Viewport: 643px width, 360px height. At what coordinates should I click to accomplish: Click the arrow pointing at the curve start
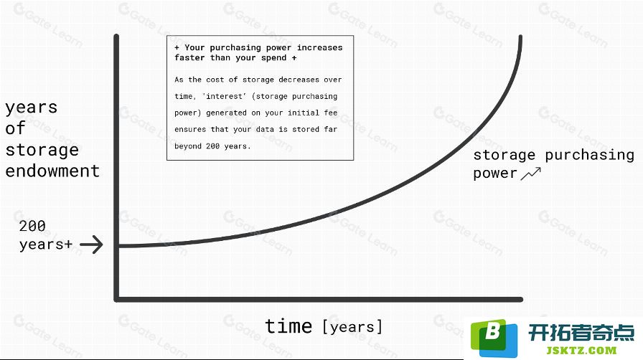pyautogui.click(x=91, y=245)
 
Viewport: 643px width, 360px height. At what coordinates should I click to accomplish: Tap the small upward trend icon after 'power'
pyautogui.click(x=531, y=174)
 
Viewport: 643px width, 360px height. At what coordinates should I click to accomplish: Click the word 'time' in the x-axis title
pyautogui.click(x=288, y=326)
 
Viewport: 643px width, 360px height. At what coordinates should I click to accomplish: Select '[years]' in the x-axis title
pyautogui.click(x=352, y=327)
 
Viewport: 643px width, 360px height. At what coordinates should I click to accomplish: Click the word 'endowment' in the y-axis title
pyautogui.click(x=52, y=171)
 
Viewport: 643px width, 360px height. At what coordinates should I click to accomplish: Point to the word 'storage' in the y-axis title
pyautogui.click(x=42, y=150)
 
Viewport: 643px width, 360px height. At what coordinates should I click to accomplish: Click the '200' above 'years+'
pyautogui.click(x=32, y=225)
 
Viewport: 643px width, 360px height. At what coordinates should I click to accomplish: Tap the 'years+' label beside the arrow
pyautogui.click(x=46, y=245)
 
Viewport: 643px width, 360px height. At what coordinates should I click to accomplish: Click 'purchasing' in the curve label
pyautogui.click(x=589, y=155)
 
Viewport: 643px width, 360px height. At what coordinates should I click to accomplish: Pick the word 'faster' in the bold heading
pyautogui.click(x=189, y=57)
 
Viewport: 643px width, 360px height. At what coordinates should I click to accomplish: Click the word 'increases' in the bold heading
pyautogui.click(x=319, y=47)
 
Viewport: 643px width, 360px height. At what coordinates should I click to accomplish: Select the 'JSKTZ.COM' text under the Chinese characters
pyautogui.click(x=581, y=351)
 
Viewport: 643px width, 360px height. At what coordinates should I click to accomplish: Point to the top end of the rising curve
pyautogui.click(x=520, y=37)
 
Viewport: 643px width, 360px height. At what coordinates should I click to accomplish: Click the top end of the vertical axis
pyautogui.click(x=116, y=37)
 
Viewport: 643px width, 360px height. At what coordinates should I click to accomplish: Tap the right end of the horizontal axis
pyautogui.click(x=521, y=299)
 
